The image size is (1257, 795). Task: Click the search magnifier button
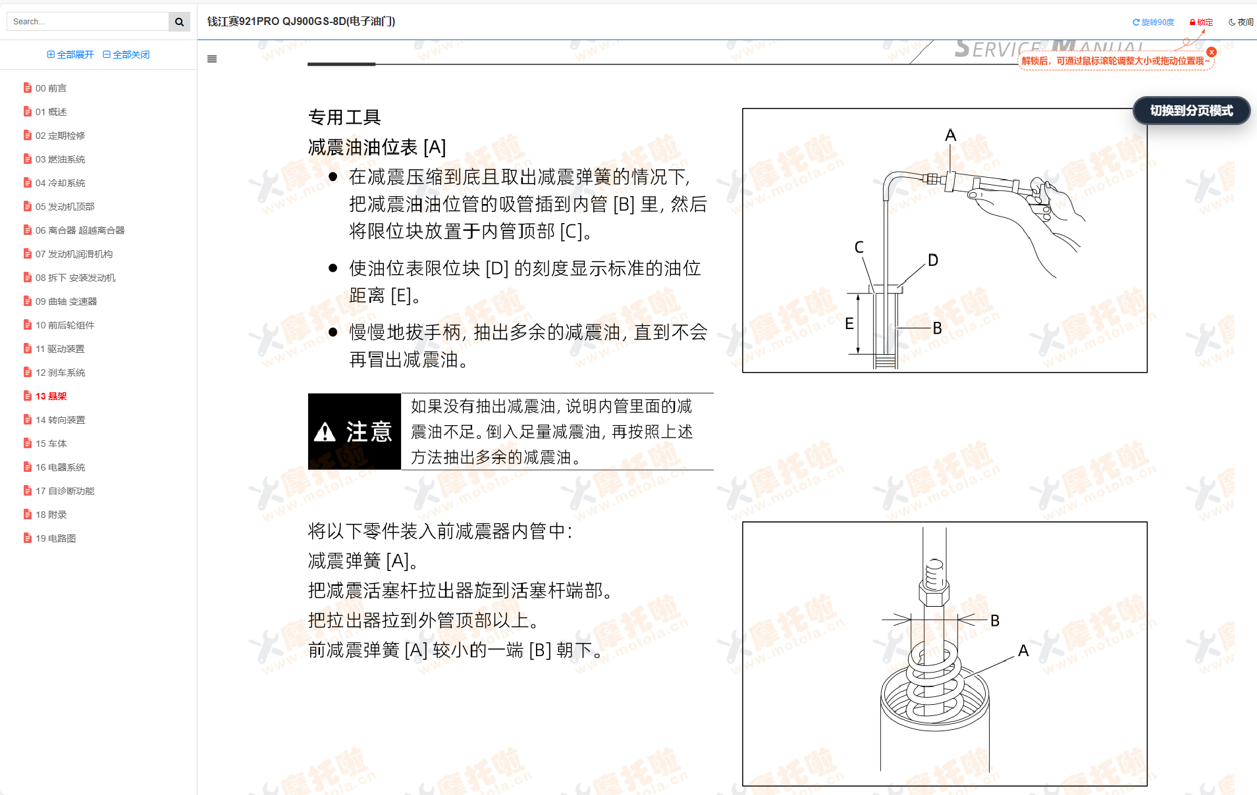pyautogui.click(x=179, y=22)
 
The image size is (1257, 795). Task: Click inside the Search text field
pyautogui.click(x=88, y=22)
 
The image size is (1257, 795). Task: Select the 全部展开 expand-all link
pyautogui.click(x=70, y=55)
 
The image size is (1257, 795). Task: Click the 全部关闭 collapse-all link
pyautogui.click(x=126, y=55)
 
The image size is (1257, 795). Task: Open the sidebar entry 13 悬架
pyautogui.click(x=51, y=396)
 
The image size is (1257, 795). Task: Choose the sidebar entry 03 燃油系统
pyautogui.click(x=60, y=159)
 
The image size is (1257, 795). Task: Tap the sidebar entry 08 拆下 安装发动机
pyautogui.click(x=75, y=278)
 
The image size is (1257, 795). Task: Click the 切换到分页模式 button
pyautogui.click(x=1190, y=111)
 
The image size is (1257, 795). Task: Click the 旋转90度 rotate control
pyautogui.click(x=1153, y=22)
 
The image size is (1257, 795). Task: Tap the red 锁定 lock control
pyautogui.click(x=1201, y=22)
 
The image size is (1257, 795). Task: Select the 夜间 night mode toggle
pyautogui.click(x=1241, y=22)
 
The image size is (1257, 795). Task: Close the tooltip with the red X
pyautogui.click(x=1212, y=52)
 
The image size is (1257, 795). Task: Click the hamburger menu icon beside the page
pyautogui.click(x=212, y=59)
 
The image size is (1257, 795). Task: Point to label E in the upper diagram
pyautogui.click(x=849, y=323)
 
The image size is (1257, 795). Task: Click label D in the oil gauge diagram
pyautogui.click(x=933, y=260)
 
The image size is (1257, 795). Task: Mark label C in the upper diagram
pyautogui.click(x=859, y=247)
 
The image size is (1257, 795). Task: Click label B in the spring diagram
pyautogui.click(x=995, y=621)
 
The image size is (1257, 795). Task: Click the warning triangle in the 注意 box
pyautogui.click(x=325, y=432)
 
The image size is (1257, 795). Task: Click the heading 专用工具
pyautogui.click(x=344, y=117)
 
